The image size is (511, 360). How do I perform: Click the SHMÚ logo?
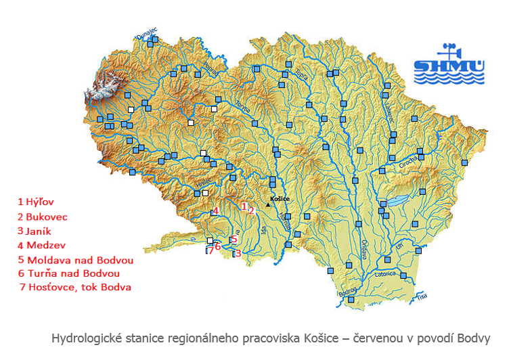click(x=449, y=65)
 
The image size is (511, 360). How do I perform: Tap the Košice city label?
click(x=280, y=199)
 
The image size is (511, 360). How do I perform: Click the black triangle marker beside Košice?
click(x=267, y=204)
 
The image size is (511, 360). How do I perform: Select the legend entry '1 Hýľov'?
click(x=36, y=202)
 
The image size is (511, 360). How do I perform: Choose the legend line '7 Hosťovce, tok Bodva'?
click(x=76, y=287)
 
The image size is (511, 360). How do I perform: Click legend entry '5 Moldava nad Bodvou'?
click(x=75, y=260)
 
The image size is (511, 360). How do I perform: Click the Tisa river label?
click(x=422, y=296)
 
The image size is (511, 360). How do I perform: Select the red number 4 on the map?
click(x=215, y=211)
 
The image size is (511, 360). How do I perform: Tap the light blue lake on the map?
click(x=392, y=202)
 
